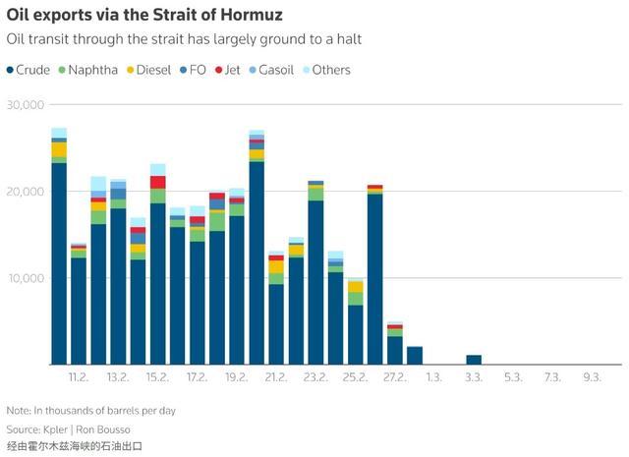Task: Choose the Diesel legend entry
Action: [x=153, y=70]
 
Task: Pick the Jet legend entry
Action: [x=231, y=70]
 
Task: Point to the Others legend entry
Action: [x=329, y=70]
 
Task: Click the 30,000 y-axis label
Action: [x=27, y=104]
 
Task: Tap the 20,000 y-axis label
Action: [x=27, y=191]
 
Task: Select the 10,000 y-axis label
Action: [x=27, y=277]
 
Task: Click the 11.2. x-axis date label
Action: [x=79, y=377]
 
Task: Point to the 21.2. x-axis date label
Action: [x=276, y=377]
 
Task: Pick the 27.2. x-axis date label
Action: [x=394, y=377]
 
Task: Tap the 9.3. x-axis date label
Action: [x=592, y=377]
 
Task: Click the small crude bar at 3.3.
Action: [x=474, y=360]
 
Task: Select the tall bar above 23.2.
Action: [x=315, y=275]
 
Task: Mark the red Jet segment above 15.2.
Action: [x=157, y=182]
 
